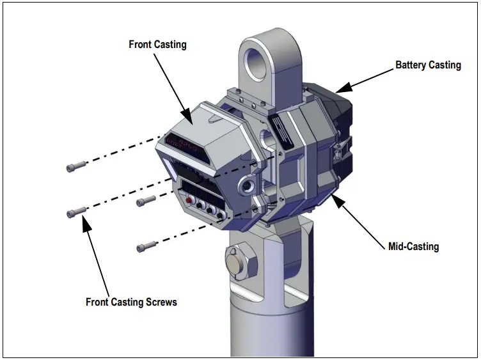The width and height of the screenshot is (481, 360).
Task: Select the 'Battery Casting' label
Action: (x=427, y=65)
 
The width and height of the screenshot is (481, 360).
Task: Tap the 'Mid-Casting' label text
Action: (x=413, y=246)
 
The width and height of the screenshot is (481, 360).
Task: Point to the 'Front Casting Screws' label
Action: (x=131, y=302)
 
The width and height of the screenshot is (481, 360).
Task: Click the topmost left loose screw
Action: (x=75, y=168)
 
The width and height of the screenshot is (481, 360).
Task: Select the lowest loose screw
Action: (x=146, y=245)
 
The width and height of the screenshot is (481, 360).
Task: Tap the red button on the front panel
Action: (x=189, y=200)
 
